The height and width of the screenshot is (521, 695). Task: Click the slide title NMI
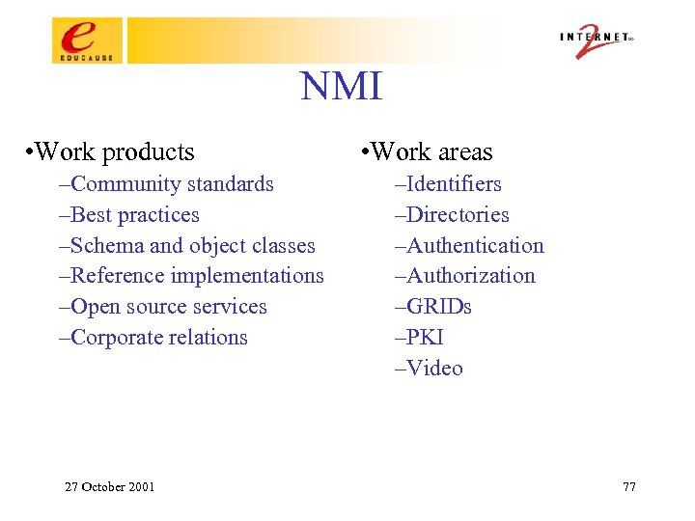pos(342,87)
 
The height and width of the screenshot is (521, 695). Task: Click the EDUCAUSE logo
pos(88,41)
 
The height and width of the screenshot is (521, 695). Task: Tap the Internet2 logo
pos(597,41)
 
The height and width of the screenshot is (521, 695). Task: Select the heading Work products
pos(112,152)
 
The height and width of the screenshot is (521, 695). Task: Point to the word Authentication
pos(475,246)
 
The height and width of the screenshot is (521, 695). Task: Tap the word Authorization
pos(470,276)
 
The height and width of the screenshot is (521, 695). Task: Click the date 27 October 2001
pos(109,486)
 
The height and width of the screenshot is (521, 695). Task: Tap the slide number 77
pos(629,486)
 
